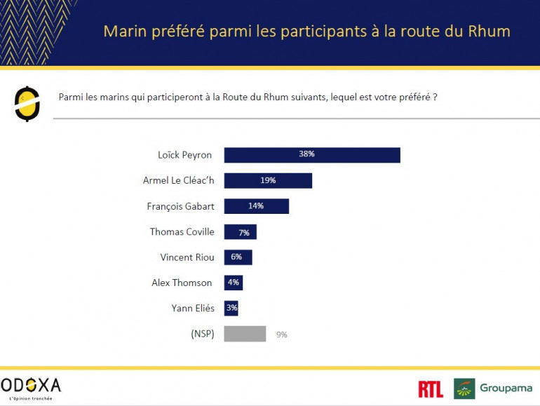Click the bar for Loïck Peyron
pos(312,155)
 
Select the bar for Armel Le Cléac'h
pos(268,181)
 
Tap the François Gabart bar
pos(256,206)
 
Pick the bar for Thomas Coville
pos(240,231)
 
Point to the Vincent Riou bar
pos(238,257)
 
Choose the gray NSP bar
pos(245,334)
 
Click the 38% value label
pos(306,155)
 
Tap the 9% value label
pos(282,334)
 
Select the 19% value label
pos(268,181)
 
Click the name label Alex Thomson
pos(182,283)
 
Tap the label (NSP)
pos(202,334)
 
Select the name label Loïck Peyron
pos(186,155)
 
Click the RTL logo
pos(430,389)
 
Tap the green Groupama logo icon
pos(464,388)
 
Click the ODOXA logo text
pos(32,385)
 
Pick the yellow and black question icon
pos(27,103)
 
